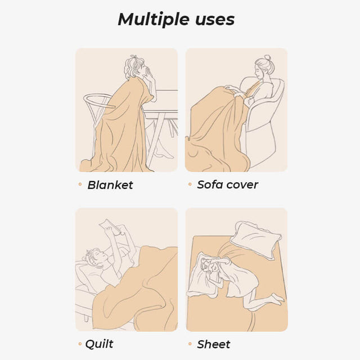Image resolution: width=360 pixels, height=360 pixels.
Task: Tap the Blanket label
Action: (110, 185)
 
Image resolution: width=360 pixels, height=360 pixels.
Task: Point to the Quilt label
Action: (99, 344)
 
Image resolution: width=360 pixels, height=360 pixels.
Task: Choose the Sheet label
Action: (213, 344)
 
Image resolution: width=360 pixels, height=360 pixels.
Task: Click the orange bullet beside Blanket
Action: (80, 184)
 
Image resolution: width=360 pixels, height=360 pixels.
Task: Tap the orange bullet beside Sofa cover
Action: (190, 184)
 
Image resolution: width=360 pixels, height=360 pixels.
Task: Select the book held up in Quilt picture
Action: (110, 227)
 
